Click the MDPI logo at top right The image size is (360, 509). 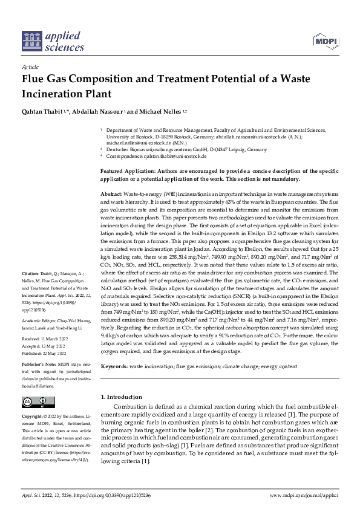(x=326, y=41)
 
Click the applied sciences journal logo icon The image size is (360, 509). (x=31, y=40)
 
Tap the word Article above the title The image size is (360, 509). (x=30, y=66)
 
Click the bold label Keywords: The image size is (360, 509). (x=114, y=349)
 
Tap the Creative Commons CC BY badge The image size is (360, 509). (x=35, y=401)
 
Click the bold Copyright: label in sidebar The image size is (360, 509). (x=33, y=417)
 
